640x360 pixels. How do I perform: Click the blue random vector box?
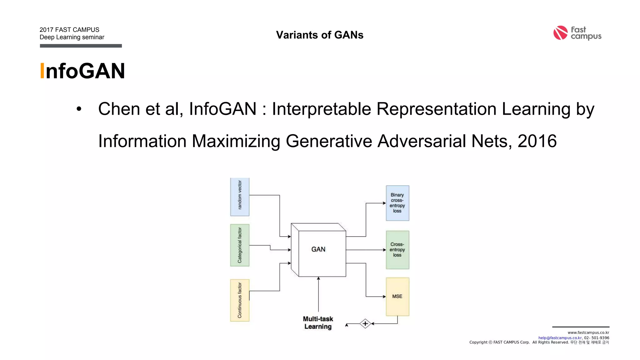point(240,197)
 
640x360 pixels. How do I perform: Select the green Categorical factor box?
point(240,245)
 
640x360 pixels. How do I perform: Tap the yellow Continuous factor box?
point(240,300)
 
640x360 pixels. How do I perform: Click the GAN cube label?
point(318,249)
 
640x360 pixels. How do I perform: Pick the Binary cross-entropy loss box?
point(397,203)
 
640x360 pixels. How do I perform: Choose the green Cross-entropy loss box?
point(397,250)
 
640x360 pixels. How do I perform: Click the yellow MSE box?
point(397,296)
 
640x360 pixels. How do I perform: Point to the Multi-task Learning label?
point(318,323)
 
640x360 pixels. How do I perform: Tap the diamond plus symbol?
point(365,323)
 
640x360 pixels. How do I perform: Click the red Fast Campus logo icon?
point(560,33)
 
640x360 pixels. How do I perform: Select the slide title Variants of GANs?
point(320,35)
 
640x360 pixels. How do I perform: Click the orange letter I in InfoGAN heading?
point(42,71)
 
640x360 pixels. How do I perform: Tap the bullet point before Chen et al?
point(79,109)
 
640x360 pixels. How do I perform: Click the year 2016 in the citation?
point(537,141)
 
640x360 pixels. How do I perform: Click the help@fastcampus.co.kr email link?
point(560,338)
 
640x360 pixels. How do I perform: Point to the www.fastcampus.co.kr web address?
point(588,332)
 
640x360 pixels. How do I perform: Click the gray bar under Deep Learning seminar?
point(81,46)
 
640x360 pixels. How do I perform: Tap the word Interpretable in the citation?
point(321,109)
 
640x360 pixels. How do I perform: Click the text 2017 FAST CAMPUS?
point(69,30)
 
